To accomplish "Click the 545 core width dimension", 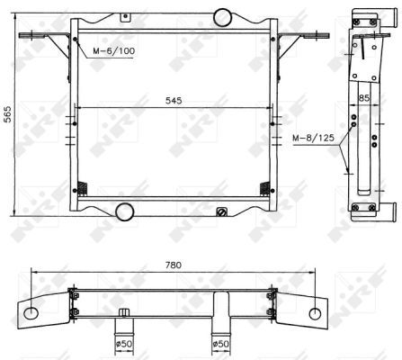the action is click(x=174, y=101).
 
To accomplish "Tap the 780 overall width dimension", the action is click(x=174, y=265).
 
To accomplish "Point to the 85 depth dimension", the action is click(x=364, y=98).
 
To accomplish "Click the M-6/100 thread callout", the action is click(x=114, y=50).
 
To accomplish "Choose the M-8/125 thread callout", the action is click(x=313, y=138).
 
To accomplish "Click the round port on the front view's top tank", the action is click(x=222, y=17).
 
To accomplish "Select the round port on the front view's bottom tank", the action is click(x=124, y=211).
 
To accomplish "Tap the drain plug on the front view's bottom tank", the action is click(x=222, y=211).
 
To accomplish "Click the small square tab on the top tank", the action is click(x=126, y=17).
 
